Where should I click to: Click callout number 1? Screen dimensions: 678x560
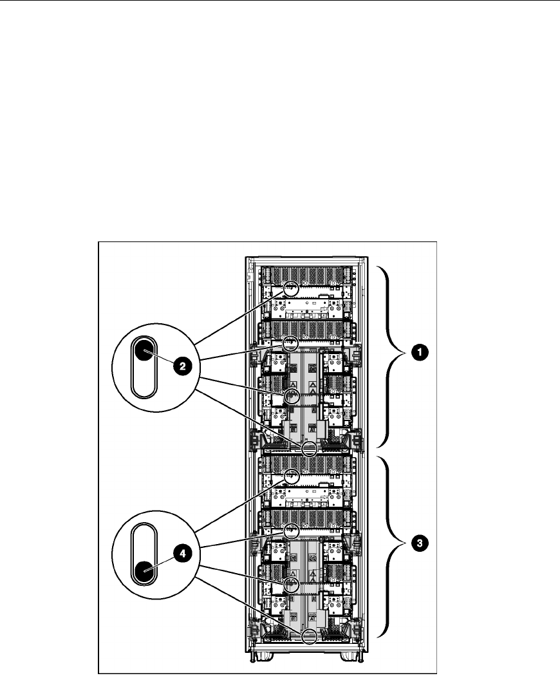[x=420, y=352]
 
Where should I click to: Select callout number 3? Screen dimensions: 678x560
[x=420, y=544]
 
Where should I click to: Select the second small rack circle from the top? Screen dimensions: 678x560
[x=291, y=343]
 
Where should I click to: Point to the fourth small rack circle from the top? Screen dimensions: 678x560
[x=310, y=449]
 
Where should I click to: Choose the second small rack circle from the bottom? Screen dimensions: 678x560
[x=291, y=585]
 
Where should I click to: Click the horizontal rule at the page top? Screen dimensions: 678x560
[x=280, y=1]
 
